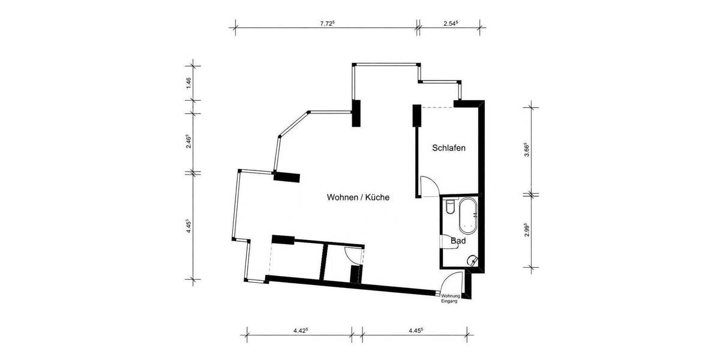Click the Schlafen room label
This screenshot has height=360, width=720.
pyautogui.click(x=449, y=148)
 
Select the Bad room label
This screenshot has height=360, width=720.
pyautogui.click(x=458, y=240)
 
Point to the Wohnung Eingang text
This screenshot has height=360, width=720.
pyautogui.click(x=449, y=299)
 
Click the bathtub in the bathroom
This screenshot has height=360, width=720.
pyautogui.click(x=467, y=217)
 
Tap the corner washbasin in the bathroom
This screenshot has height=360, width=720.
pyautogui.click(x=473, y=260)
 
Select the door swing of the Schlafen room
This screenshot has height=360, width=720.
pyautogui.click(x=428, y=187)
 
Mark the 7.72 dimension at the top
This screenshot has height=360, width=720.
pyautogui.click(x=326, y=24)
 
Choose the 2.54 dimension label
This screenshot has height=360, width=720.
pyautogui.click(x=451, y=24)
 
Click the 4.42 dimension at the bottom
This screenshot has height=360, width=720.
pyautogui.click(x=301, y=330)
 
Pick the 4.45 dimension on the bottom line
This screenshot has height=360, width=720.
pyautogui.click(x=416, y=330)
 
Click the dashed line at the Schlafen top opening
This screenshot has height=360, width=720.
pyautogui.click(x=438, y=107)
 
